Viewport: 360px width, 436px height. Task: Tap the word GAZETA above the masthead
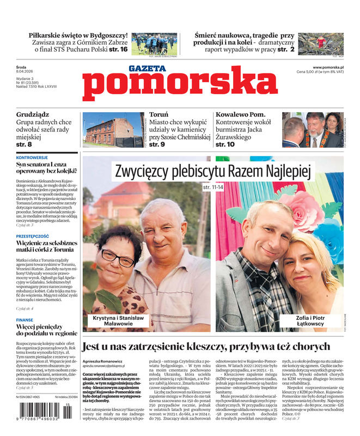pos(147,69)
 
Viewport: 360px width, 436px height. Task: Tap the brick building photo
pos(111,130)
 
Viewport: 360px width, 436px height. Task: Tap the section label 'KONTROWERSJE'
pos(32,158)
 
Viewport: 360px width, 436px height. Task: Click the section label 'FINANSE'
pos(25,320)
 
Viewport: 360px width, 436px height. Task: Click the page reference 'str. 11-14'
pos(213,187)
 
